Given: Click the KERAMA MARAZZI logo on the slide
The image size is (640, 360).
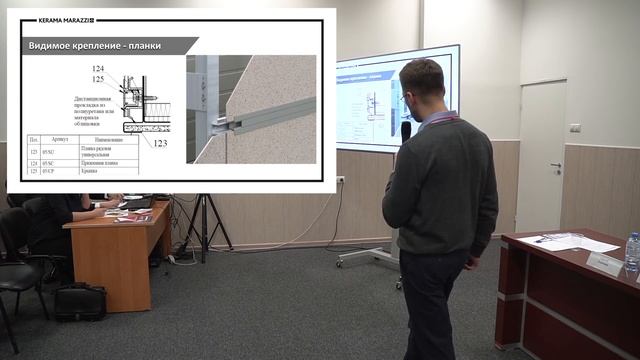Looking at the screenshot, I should point(59,19).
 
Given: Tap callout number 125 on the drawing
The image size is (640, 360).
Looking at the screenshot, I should point(96,78).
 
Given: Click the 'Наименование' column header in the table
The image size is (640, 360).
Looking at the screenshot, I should point(110,140).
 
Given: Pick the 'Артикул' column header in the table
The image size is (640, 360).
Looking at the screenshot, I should point(49,140).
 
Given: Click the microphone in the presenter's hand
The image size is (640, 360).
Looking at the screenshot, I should point(406,131).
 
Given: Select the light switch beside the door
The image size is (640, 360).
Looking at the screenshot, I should point(574,128).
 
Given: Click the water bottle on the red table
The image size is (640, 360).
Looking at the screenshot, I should point(632,251).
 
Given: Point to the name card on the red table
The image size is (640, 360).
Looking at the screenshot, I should point(604,263).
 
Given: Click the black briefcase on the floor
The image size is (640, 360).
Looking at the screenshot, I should point(80,301).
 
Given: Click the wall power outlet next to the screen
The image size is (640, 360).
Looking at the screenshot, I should point(340,181).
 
